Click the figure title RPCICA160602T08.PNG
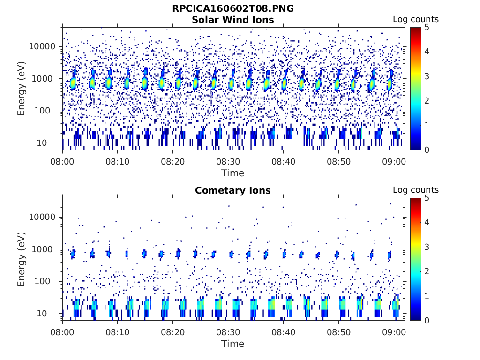point(233,8)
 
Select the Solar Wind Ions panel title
point(233,20)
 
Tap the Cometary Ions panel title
point(233,190)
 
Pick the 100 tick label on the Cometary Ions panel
point(48,281)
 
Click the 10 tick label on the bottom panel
point(50,313)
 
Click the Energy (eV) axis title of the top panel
point(22,88)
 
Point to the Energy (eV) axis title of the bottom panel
point(22,259)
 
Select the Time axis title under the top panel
point(233,173)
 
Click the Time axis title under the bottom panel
point(233,344)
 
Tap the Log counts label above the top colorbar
point(415,19)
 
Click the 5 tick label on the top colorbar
point(427,27)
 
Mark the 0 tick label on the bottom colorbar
point(427,320)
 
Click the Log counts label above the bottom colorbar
point(415,190)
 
